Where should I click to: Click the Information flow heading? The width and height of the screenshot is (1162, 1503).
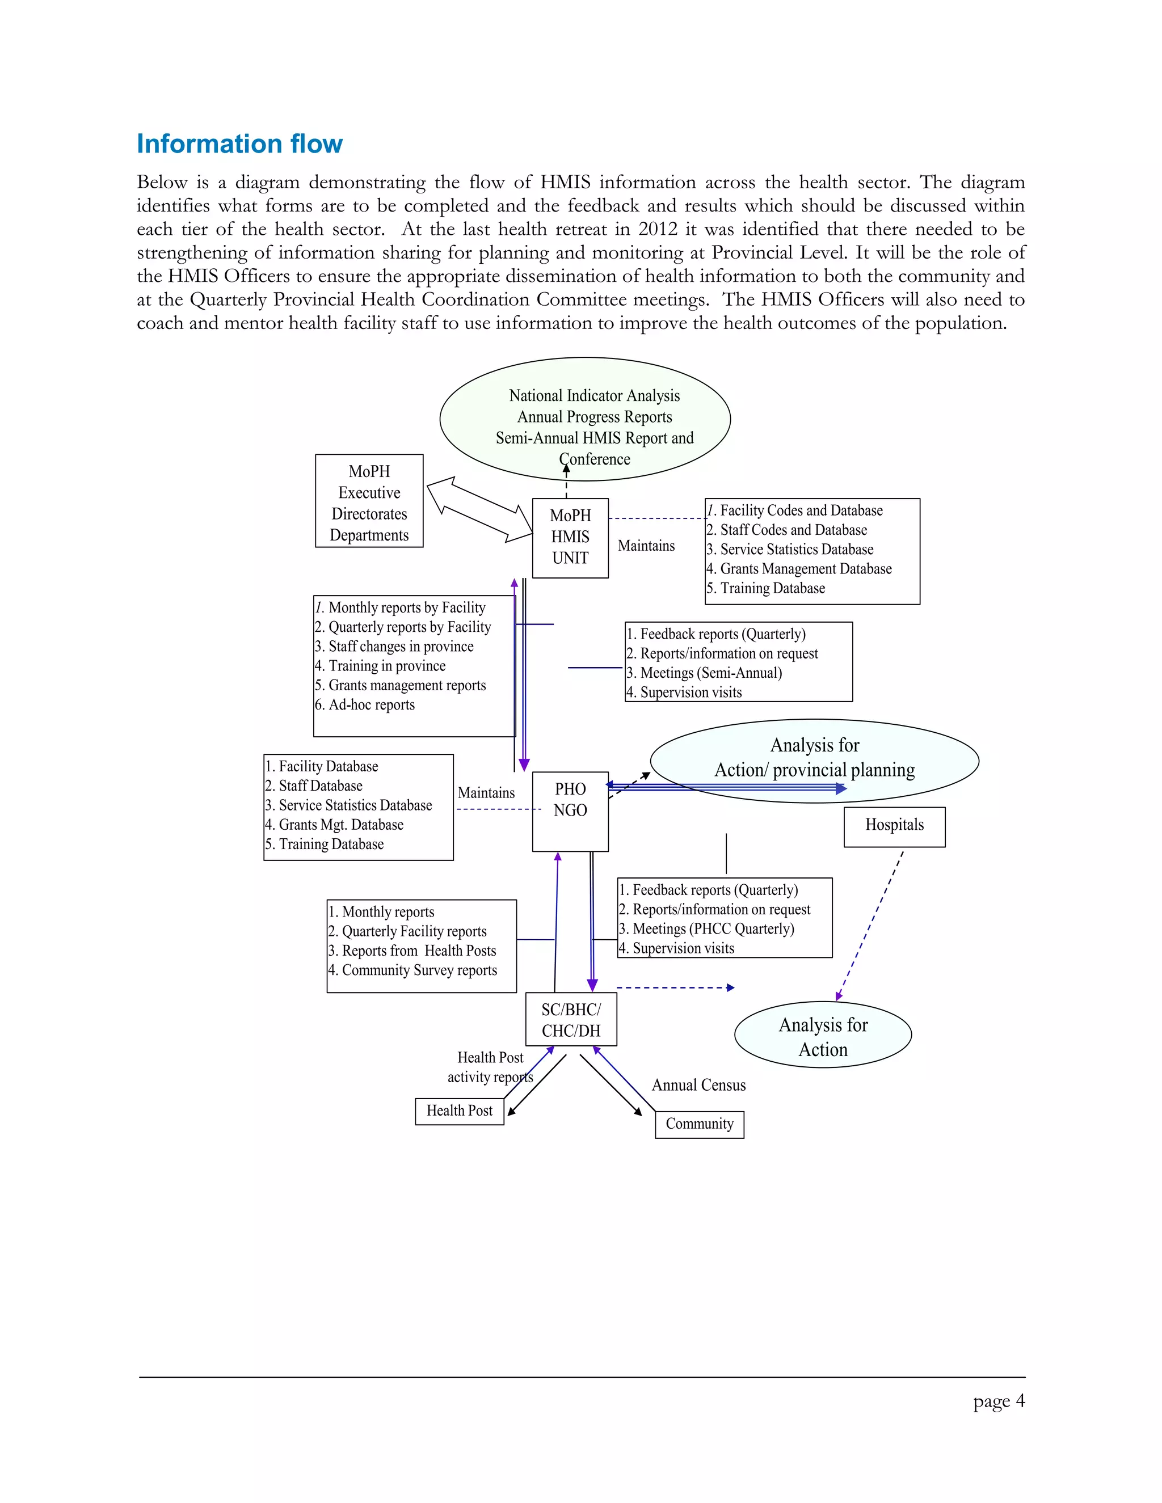[239, 144]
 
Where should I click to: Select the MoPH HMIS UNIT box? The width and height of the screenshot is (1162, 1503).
[570, 538]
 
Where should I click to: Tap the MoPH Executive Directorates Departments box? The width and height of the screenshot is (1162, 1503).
[369, 501]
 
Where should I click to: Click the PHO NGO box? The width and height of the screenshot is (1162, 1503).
[570, 810]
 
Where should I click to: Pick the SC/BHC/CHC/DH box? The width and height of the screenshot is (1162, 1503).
[571, 1020]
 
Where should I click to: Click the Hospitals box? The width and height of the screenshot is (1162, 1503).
[894, 826]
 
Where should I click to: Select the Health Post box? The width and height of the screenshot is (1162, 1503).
[459, 1111]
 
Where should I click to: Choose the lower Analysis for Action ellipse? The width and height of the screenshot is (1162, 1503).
[823, 1037]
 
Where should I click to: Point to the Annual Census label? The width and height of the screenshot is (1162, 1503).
[698, 1085]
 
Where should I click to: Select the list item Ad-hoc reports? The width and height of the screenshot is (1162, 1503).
[371, 704]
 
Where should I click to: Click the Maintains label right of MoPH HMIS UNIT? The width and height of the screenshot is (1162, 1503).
[646, 546]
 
